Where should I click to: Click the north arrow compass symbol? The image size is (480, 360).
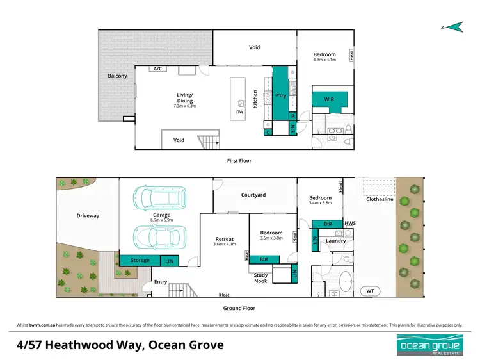[x=454, y=26]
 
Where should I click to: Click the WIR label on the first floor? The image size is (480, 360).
[x=329, y=99]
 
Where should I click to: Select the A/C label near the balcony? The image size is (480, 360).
[x=156, y=69]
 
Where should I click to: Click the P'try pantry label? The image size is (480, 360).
[x=280, y=96]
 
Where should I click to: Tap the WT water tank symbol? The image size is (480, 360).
[x=369, y=291]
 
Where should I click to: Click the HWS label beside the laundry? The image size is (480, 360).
[x=349, y=224]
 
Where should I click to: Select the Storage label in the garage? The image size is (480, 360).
[x=140, y=260]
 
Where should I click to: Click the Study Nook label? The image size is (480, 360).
[x=260, y=277]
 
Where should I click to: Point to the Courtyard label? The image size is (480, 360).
[x=253, y=195]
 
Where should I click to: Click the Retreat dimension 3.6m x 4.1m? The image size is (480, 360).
[x=225, y=244]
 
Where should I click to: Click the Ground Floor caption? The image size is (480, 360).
[x=240, y=309]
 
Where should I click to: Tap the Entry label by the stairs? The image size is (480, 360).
[x=160, y=281]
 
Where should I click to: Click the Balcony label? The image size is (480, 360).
[x=117, y=76]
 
